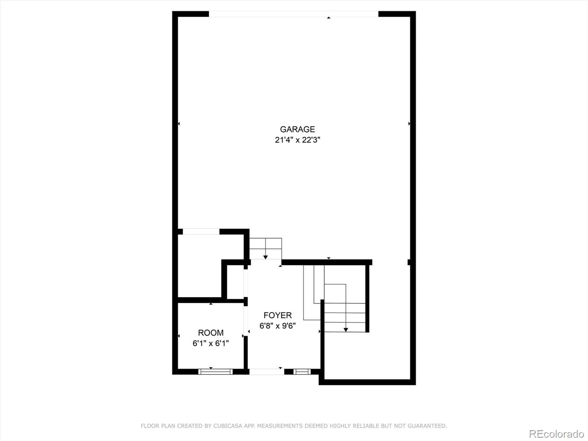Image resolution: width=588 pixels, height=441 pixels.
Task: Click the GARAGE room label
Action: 297,129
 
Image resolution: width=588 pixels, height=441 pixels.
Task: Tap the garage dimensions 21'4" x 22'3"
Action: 297,140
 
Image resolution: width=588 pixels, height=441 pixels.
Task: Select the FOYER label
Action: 277,315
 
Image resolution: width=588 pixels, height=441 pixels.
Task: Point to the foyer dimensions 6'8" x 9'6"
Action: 277,326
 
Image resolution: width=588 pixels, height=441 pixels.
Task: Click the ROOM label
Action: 211,333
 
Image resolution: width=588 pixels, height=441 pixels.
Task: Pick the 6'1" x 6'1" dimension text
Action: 211,343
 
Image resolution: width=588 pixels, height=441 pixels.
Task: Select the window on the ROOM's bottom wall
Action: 215,372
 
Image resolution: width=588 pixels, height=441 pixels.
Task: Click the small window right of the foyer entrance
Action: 302,372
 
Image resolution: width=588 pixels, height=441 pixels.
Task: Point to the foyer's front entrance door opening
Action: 266,372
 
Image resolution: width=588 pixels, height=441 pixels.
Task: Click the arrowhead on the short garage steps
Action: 265,257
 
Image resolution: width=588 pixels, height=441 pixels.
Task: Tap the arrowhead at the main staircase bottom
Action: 346,330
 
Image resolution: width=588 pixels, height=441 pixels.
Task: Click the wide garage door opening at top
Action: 294,14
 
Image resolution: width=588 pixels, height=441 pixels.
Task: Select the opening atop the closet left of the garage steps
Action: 201,232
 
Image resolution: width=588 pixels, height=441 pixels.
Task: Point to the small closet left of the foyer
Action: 235,282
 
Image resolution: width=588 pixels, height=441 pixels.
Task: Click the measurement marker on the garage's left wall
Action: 179,124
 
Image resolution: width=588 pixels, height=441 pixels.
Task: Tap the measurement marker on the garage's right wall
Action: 409,124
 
